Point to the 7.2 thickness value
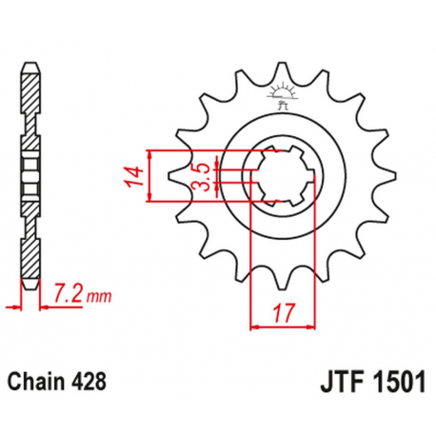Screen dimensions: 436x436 (68, 291)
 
